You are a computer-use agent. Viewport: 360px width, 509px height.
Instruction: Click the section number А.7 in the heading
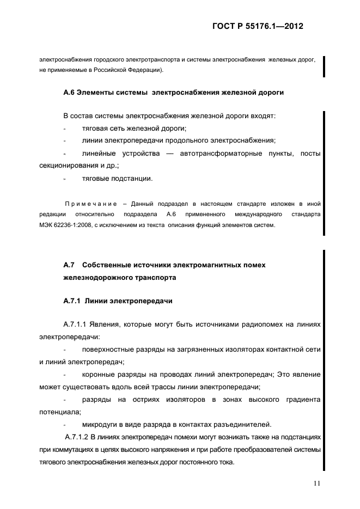click(69, 265)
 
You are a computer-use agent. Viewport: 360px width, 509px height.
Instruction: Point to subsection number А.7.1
click(72, 300)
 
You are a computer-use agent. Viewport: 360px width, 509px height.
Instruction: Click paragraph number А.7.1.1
click(80, 324)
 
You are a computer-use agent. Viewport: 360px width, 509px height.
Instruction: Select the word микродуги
click(99, 425)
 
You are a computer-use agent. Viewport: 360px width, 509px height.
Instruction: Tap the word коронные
click(97, 375)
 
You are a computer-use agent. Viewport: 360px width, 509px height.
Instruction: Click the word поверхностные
click(108, 349)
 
